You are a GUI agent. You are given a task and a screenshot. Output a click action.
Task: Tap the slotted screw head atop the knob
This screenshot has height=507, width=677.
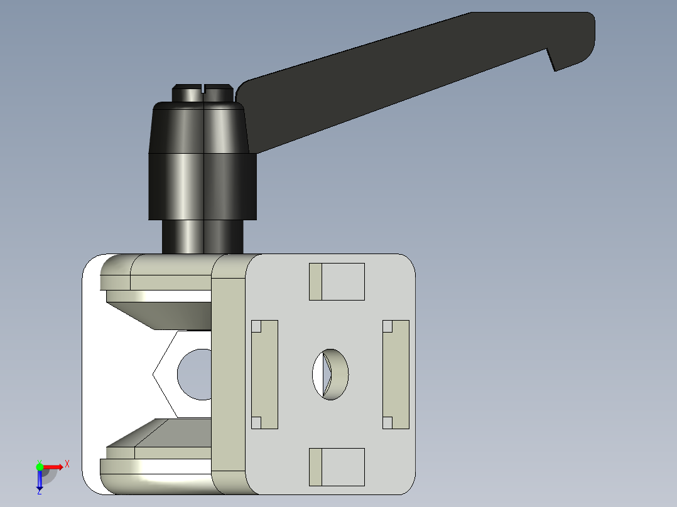[203, 93]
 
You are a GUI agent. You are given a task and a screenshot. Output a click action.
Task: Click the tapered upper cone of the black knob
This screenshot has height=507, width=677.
[198, 129]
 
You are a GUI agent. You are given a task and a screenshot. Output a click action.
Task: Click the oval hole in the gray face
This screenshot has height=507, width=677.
[331, 374]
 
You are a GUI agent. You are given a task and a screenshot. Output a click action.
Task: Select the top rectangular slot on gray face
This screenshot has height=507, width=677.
[337, 282]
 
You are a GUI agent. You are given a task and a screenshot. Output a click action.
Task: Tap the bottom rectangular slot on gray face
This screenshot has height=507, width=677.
[337, 467]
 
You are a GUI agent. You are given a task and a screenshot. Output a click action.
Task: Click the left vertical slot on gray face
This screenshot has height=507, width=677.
[264, 375]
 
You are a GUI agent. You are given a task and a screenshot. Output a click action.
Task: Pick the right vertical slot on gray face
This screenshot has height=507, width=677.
[396, 375]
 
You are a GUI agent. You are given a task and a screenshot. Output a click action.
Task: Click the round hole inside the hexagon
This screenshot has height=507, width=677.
[196, 375]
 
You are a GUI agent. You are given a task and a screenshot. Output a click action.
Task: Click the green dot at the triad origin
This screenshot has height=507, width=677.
[40, 467]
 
